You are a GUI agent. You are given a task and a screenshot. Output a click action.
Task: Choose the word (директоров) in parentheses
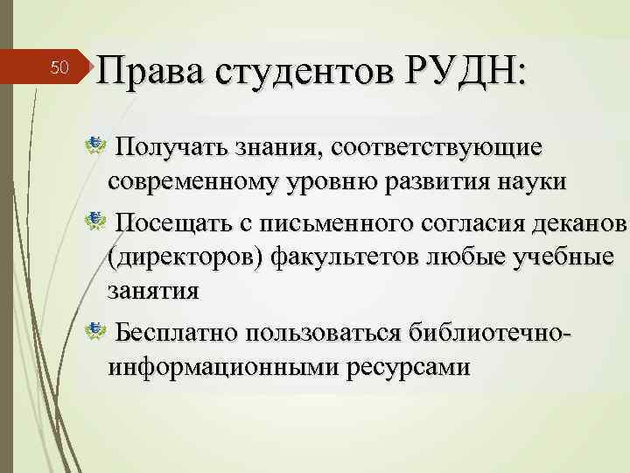184,259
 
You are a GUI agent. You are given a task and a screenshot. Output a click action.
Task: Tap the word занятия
153,292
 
